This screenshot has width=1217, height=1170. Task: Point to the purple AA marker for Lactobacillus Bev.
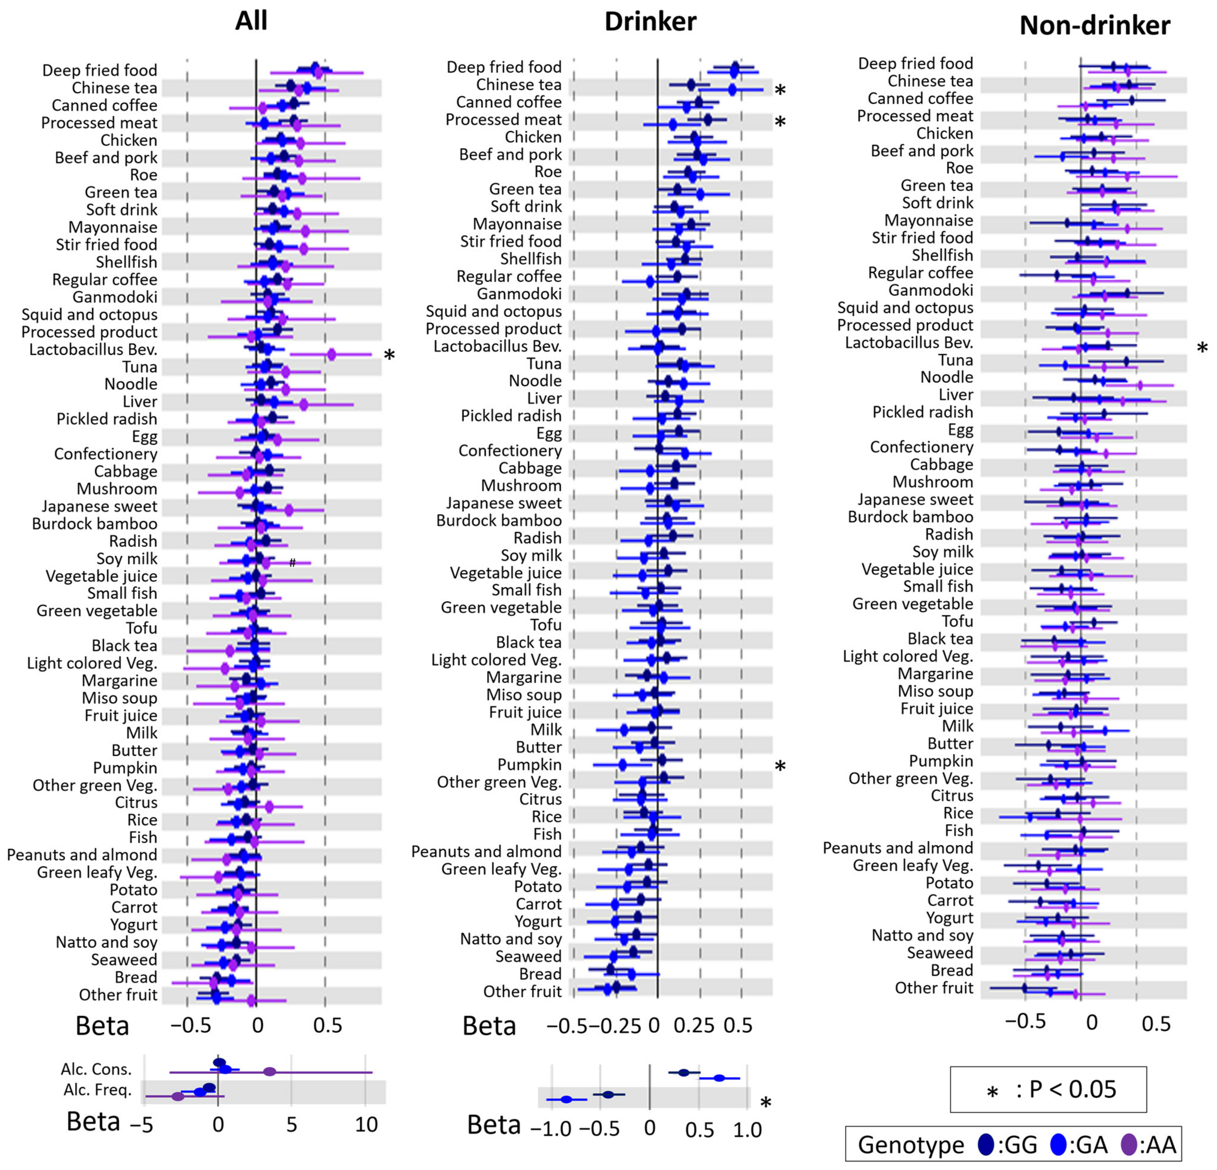click(332, 355)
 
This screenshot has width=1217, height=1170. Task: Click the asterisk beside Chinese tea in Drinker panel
click(780, 91)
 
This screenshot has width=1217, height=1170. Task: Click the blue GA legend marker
click(1058, 1144)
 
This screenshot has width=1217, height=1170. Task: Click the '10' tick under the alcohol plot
click(366, 1125)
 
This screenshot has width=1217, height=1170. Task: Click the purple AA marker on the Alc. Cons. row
click(270, 1071)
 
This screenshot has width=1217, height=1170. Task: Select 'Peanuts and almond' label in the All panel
click(82, 855)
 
